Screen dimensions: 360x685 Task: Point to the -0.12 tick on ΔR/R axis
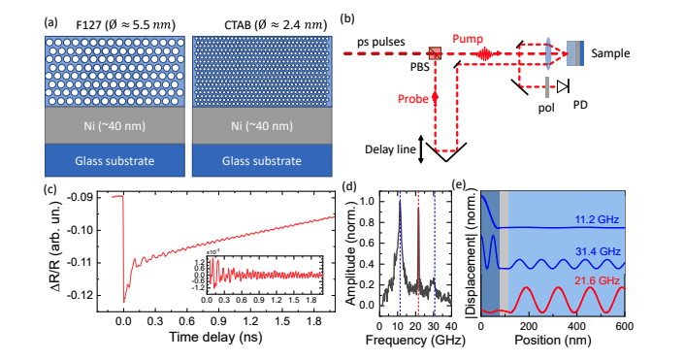pos(86,293)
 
